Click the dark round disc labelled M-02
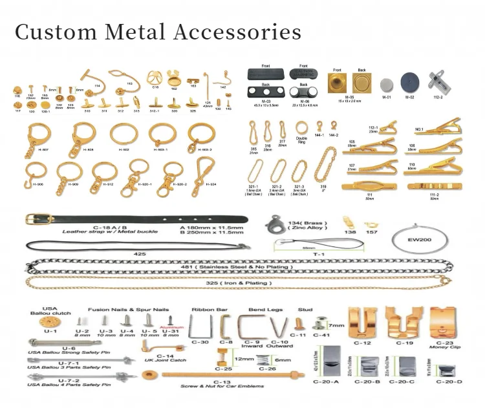coord(408,82)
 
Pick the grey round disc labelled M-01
coord(386,84)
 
